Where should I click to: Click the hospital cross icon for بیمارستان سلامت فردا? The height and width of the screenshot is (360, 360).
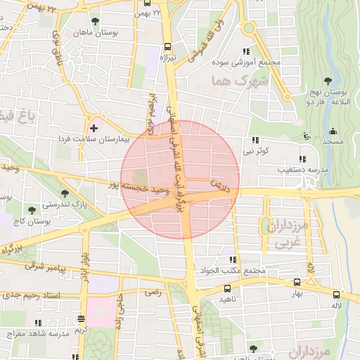point(94,128)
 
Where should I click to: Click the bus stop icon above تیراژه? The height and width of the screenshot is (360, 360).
point(165,47)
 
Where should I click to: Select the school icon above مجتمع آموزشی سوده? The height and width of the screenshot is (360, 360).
point(245,51)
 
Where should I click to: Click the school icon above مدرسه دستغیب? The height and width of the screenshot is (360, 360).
point(303,159)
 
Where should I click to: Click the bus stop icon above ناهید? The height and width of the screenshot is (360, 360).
point(226,288)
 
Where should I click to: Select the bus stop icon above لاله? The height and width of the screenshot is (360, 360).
point(335,295)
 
